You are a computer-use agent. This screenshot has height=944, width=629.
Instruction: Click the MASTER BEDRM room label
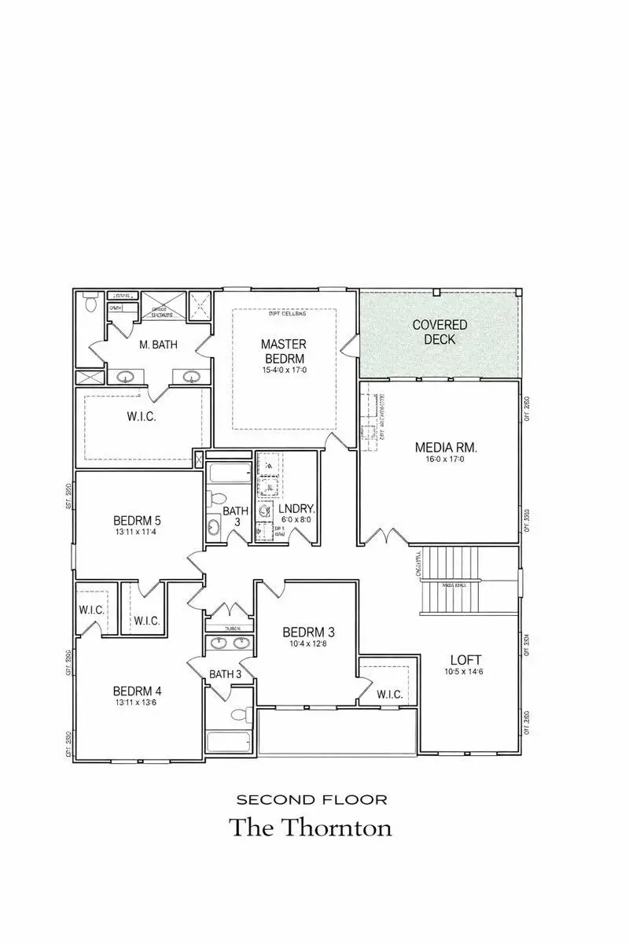pyautogui.click(x=284, y=351)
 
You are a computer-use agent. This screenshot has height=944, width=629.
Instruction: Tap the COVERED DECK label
pyautogui.click(x=440, y=332)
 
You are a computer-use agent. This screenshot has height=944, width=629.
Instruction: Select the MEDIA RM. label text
pyautogui.click(x=447, y=448)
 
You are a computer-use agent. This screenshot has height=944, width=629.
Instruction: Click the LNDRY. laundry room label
pyautogui.click(x=296, y=508)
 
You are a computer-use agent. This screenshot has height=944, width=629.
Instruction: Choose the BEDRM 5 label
pyautogui.click(x=137, y=520)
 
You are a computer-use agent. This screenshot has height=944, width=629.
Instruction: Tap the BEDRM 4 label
pyautogui.click(x=137, y=691)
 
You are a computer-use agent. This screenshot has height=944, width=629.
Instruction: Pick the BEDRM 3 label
pyautogui.click(x=309, y=632)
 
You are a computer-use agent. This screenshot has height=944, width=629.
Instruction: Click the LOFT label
pyautogui.click(x=465, y=659)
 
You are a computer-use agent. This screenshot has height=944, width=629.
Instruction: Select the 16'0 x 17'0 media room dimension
pyautogui.click(x=447, y=460)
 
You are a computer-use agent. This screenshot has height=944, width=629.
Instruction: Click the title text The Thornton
pyautogui.click(x=310, y=828)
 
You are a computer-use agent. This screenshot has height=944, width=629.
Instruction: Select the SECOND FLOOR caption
pyautogui.click(x=311, y=800)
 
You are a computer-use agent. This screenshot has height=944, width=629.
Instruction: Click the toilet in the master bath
pyautogui.click(x=90, y=301)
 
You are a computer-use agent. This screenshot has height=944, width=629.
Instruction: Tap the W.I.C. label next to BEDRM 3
pyautogui.click(x=389, y=695)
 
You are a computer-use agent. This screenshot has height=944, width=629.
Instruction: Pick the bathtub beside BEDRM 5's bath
pyautogui.click(x=230, y=474)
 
